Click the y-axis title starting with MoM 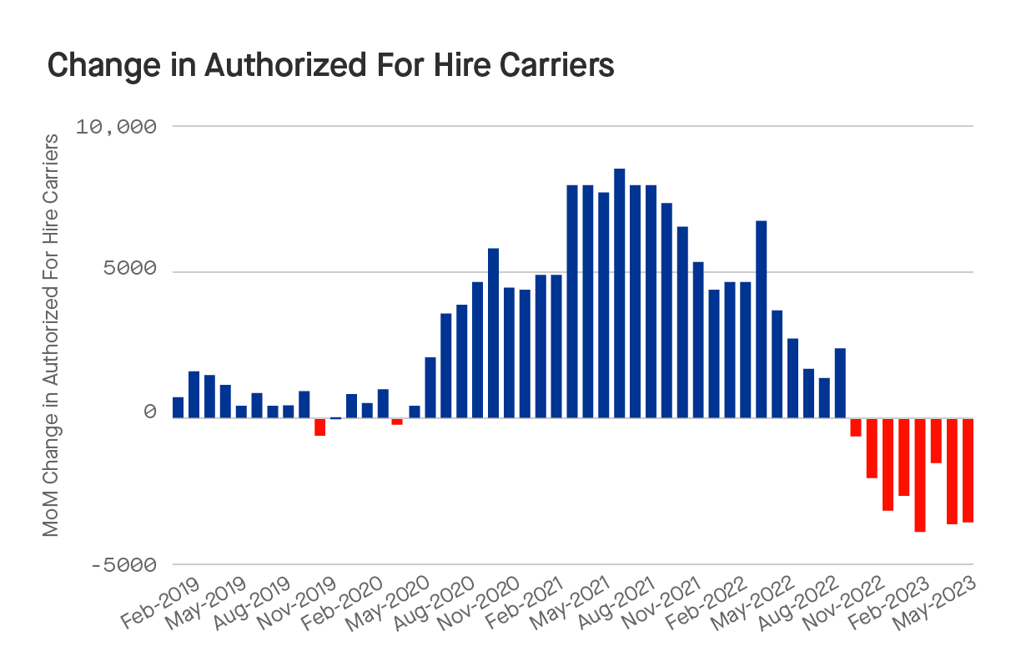[51, 334]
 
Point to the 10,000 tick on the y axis [117, 127]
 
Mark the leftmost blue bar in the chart [178, 407]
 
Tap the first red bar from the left [319, 427]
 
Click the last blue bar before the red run [841, 383]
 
